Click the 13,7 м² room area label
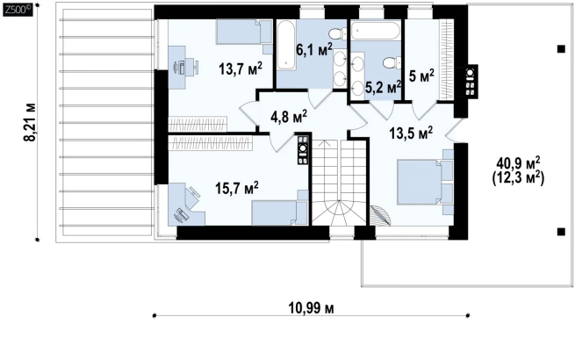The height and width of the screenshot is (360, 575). coord(241,68)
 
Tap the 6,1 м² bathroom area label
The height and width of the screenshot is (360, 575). coord(314,49)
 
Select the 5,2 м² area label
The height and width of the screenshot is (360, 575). coord(384,87)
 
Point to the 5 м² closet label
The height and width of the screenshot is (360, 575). coord(421,76)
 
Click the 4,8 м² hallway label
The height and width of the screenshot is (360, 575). coord(289,117)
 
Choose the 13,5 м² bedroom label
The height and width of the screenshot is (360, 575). coord(411,133)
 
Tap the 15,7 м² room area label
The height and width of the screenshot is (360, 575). coord(237,188)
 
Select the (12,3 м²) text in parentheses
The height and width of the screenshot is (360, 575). coord(518,178)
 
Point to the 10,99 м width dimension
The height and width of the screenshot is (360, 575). coord(311,308)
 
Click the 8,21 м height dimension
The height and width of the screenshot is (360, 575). coord(30,121)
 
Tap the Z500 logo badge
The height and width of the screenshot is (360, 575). coord(18,10)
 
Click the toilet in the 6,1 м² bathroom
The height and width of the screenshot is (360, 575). coord(336,34)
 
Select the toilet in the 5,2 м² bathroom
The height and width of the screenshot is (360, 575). coord(392,62)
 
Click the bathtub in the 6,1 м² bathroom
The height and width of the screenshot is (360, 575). coord(285,45)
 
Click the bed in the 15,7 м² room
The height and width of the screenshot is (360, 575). coord(279,212)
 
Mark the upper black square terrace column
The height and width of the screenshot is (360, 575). coord(561,49)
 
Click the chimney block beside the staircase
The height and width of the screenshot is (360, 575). coord(303,149)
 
